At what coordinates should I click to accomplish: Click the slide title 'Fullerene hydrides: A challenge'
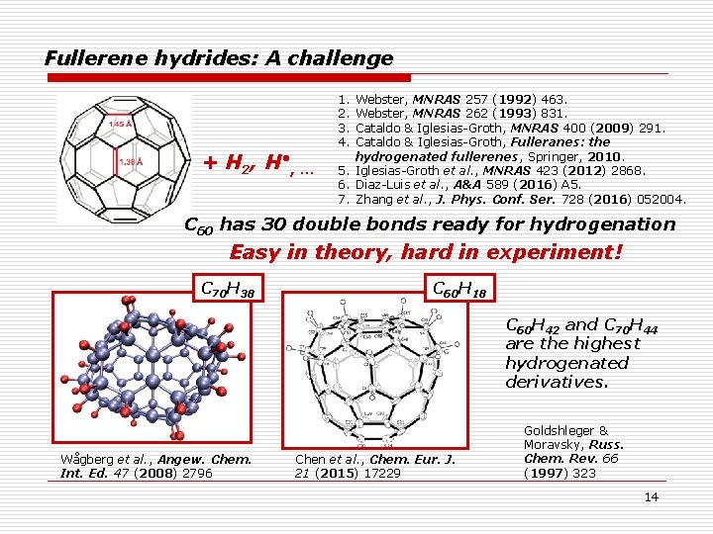(x=219, y=58)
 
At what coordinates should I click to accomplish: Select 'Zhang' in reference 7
(x=374, y=199)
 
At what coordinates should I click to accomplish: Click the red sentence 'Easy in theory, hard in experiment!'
(x=426, y=252)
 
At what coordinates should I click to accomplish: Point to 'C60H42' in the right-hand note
(x=533, y=325)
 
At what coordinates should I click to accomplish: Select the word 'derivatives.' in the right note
(x=556, y=382)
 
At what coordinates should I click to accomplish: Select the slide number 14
(x=651, y=496)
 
